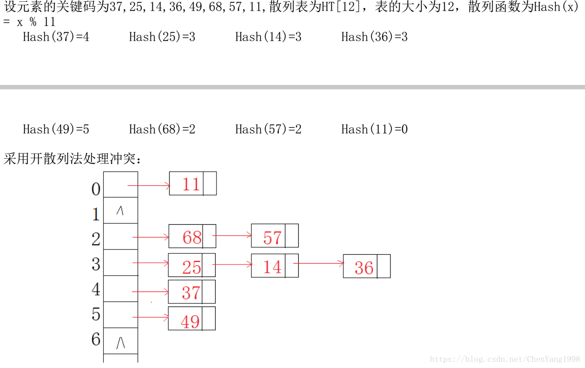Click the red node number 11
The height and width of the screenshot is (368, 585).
click(x=191, y=184)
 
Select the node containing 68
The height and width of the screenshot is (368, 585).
click(x=192, y=237)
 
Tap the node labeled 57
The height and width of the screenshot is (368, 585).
click(x=272, y=238)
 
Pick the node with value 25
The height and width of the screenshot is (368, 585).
click(x=191, y=267)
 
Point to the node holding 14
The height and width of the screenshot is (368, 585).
click(x=272, y=267)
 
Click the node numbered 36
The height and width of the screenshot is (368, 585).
click(x=364, y=267)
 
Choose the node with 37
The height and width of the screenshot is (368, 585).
click(x=191, y=292)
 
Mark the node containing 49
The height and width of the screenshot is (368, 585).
click(x=190, y=321)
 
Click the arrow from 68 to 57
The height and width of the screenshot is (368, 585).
click(x=232, y=235)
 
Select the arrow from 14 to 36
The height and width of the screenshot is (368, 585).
click(x=319, y=264)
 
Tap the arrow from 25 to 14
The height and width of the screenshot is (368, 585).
click(x=232, y=264)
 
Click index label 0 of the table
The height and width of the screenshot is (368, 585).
click(x=95, y=189)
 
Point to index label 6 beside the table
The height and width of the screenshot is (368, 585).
click(x=96, y=339)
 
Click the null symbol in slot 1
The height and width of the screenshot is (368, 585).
click(x=120, y=211)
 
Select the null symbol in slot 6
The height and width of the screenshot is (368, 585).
click(x=120, y=343)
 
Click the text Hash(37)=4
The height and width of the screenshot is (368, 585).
click(x=56, y=37)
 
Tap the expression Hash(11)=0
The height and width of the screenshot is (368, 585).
click(x=374, y=129)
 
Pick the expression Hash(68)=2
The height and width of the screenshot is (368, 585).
click(x=162, y=129)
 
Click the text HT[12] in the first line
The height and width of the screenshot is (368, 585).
click(x=341, y=8)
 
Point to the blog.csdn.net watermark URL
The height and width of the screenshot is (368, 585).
click(x=505, y=359)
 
